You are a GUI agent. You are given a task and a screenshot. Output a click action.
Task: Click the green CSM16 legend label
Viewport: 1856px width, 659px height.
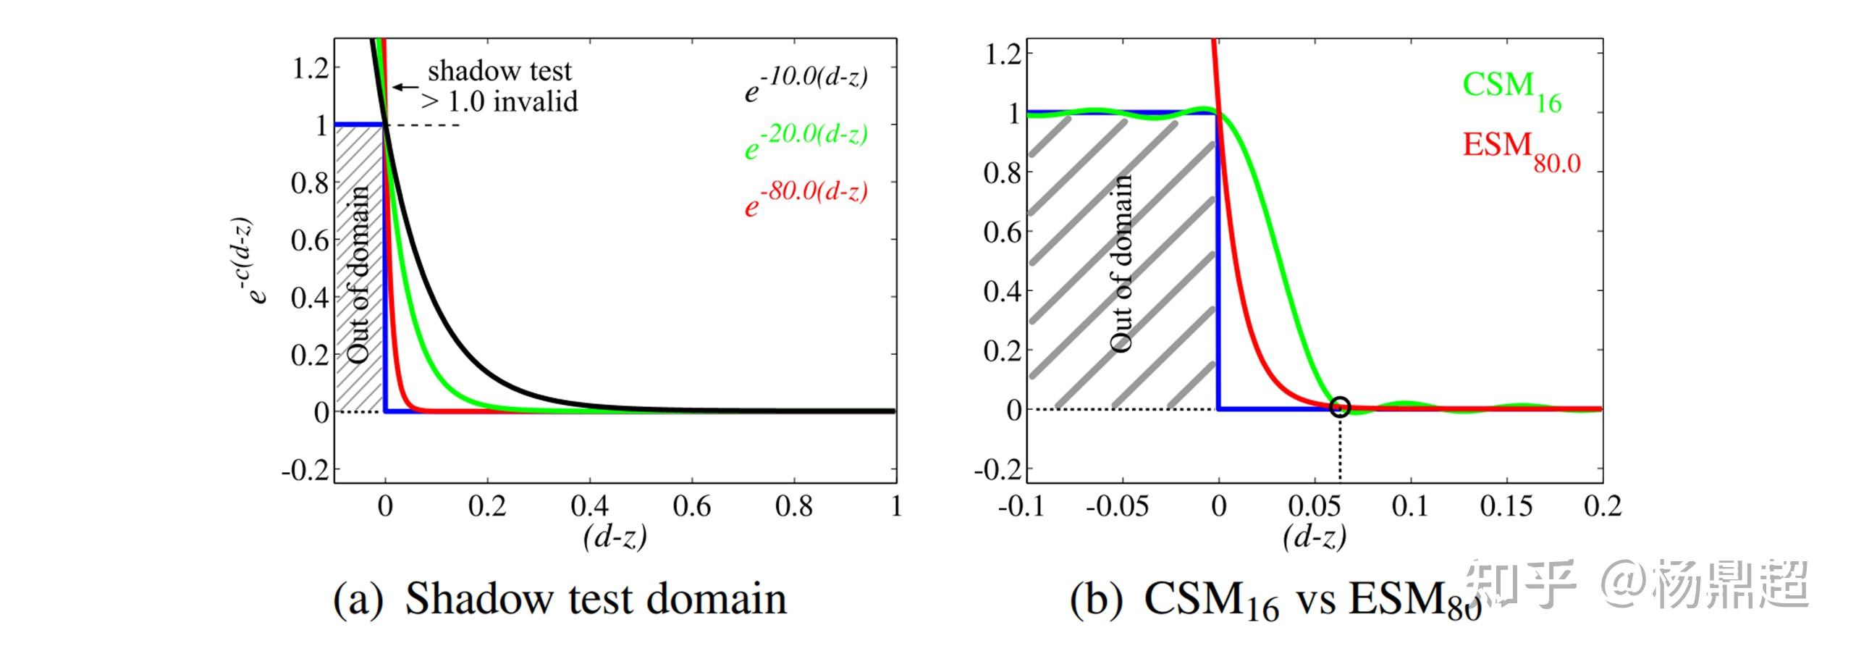1511,90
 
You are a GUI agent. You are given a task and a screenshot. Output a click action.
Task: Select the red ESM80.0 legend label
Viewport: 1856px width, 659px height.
1521,151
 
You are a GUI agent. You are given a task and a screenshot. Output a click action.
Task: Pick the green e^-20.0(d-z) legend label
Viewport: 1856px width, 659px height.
806,142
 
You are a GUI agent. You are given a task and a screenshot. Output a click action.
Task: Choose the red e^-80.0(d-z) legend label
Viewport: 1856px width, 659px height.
806,199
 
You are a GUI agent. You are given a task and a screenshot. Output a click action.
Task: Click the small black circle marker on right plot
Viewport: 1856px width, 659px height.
1340,407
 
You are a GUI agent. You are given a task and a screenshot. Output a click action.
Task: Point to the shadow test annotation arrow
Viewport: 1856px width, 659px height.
405,87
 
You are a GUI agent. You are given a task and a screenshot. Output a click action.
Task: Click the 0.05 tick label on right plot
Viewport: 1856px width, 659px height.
1315,506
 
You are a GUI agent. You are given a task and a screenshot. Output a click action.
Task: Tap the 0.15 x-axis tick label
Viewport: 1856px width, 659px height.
1506,506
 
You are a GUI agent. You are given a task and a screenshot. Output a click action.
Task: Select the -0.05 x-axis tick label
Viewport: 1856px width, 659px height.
1117,506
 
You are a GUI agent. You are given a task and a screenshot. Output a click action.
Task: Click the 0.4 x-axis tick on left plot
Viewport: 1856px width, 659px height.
589,506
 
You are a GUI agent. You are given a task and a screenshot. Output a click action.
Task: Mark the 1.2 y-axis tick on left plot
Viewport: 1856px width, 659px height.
310,69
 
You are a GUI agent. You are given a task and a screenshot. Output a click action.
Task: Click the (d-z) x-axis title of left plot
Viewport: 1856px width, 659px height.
615,537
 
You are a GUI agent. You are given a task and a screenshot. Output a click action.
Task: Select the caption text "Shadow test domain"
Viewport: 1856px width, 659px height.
595,600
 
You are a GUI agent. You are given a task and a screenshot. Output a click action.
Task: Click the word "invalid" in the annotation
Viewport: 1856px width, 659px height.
536,102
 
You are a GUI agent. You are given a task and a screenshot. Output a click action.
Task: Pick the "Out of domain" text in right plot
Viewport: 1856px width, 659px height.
1121,264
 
